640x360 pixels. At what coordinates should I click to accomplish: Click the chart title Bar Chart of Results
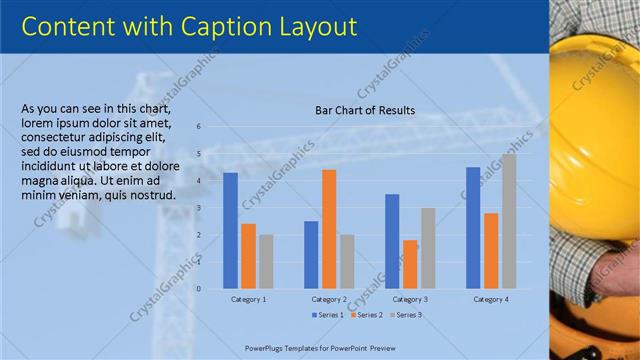[365, 110]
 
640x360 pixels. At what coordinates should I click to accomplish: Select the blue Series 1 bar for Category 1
[230, 230]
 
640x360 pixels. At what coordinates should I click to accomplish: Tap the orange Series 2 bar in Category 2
[329, 229]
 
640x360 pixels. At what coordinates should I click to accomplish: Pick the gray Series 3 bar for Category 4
[509, 221]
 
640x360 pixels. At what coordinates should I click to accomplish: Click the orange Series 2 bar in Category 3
[410, 264]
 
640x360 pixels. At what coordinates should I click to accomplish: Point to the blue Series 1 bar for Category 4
[473, 227]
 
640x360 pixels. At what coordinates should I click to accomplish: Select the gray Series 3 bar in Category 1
[265, 261]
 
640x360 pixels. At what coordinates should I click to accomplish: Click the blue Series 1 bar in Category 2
[311, 254]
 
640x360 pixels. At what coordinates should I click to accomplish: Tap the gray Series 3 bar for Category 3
[428, 248]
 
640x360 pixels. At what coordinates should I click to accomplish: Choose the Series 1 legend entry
[328, 315]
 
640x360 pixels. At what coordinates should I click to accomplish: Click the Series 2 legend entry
[366, 315]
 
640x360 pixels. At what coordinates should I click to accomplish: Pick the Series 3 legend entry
[405, 315]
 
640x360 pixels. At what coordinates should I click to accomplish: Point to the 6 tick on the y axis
[199, 127]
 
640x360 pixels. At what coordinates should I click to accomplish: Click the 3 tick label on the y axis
[199, 208]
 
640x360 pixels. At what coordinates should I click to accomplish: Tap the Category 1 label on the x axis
[248, 299]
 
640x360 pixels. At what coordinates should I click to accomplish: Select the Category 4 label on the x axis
[491, 299]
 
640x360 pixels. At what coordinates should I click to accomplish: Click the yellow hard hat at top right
[600, 50]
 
